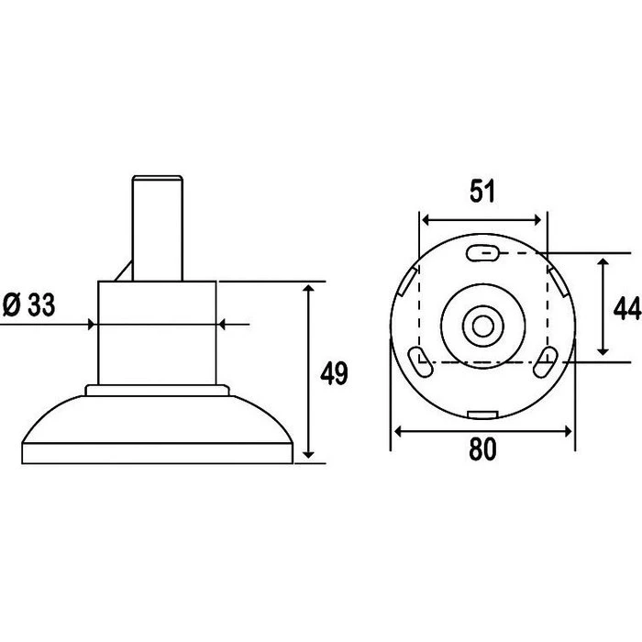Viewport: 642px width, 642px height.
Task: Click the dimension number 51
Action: pos(482,191)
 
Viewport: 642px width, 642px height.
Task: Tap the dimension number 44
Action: pos(627,308)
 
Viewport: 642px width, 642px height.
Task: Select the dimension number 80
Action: pos(482,448)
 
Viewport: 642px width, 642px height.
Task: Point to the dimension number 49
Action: pos(334,373)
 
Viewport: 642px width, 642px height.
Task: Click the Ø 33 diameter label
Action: pos(28,304)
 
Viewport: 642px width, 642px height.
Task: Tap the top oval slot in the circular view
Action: pos(483,253)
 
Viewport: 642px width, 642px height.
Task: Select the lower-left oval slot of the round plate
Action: pos(420,361)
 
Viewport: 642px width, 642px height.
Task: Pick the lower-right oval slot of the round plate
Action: pos(546,361)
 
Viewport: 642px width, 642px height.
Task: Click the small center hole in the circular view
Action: pos(483,327)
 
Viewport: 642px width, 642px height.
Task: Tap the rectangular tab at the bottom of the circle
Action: pos(483,415)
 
